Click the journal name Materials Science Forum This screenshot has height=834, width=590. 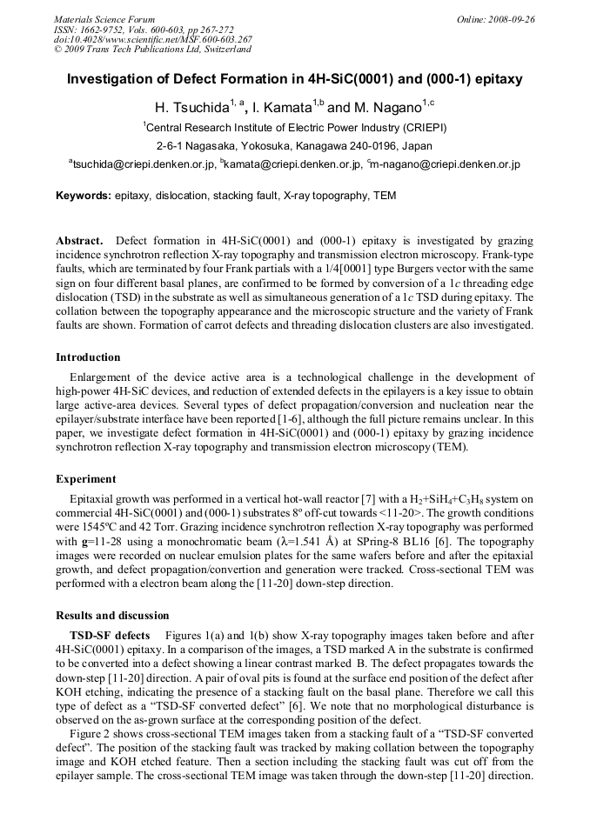click(104, 19)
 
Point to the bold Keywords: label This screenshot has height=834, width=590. click(84, 196)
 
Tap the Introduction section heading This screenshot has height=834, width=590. click(88, 357)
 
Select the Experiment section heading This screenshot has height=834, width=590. click(85, 479)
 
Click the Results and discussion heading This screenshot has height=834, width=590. click(112, 616)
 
